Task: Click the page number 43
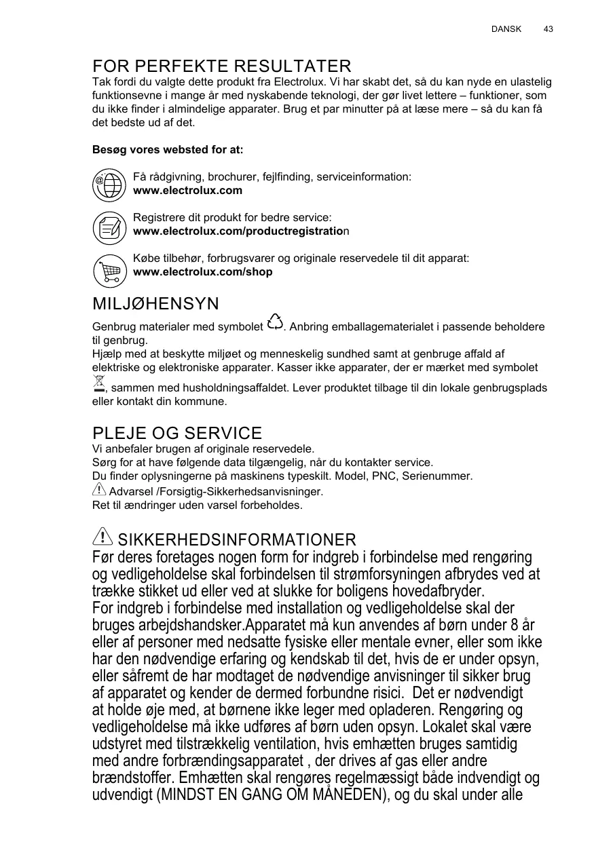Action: [548, 29]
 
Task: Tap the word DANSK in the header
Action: [506, 29]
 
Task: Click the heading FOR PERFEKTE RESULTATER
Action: [222, 66]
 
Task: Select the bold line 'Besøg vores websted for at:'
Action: [168, 149]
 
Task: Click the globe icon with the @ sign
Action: [109, 185]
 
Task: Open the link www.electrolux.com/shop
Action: [203, 272]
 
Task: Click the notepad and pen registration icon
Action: [109, 227]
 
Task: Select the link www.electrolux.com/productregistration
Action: [241, 231]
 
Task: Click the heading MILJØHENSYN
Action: [155, 303]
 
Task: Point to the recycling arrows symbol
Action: [275, 323]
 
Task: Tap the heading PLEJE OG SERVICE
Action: [177, 434]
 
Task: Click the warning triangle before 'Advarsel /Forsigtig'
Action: [98, 489]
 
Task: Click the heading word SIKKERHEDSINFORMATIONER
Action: [237, 540]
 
